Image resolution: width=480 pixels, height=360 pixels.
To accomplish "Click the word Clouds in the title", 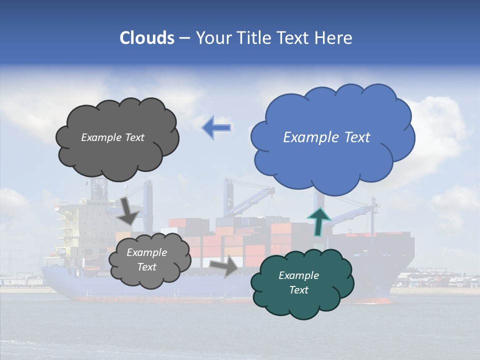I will pyautogui.click(x=147, y=38).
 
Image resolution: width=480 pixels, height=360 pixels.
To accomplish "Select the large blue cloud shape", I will pyautogui.click(x=332, y=150).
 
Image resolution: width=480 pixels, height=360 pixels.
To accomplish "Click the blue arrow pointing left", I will pyautogui.click(x=216, y=128).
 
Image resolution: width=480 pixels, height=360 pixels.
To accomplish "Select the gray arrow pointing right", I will pyautogui.click(x=224, y=265).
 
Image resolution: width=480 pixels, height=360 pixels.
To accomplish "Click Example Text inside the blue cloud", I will pyautogui.click(x=326, y=137).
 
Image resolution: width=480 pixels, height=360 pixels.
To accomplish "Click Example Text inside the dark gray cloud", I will pyautogui.click(x=112, y=137).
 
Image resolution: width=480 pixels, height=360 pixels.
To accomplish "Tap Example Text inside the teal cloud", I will pyautogui.click(x=298, y=282).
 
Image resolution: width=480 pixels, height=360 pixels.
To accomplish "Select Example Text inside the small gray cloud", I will pyautogui.click(x=146, y=259).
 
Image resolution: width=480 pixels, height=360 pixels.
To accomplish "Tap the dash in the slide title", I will pyautogui.click(x=184, y=38).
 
